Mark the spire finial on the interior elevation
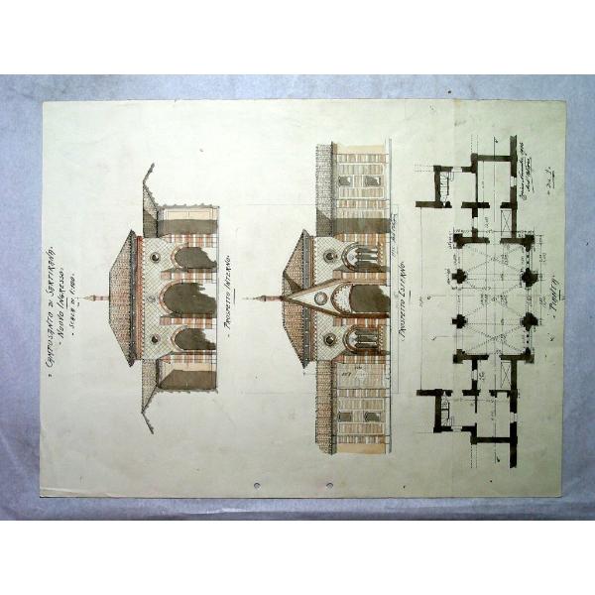[x=91, y=297]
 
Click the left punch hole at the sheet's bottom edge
[x=257, y=486]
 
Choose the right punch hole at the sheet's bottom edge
[x=329, y=486]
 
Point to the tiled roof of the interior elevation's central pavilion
[x=122, y=297]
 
